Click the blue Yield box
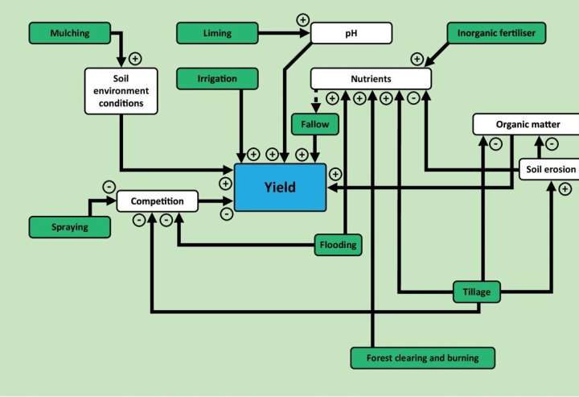(280, 188)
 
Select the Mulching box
(70, 33)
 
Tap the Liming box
(216, 33)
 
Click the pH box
(351, 33)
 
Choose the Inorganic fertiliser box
(496, 33)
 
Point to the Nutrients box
(371, 78)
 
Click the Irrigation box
(216, 78)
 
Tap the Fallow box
(314, 125)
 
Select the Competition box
(157, 201)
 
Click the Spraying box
(70, 227)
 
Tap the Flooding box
(337, 243)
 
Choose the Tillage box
(477, 292)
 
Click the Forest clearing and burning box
(422, 357)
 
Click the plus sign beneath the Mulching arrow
(134, 58)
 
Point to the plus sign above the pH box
(303, 19)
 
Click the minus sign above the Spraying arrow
(109, 187)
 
